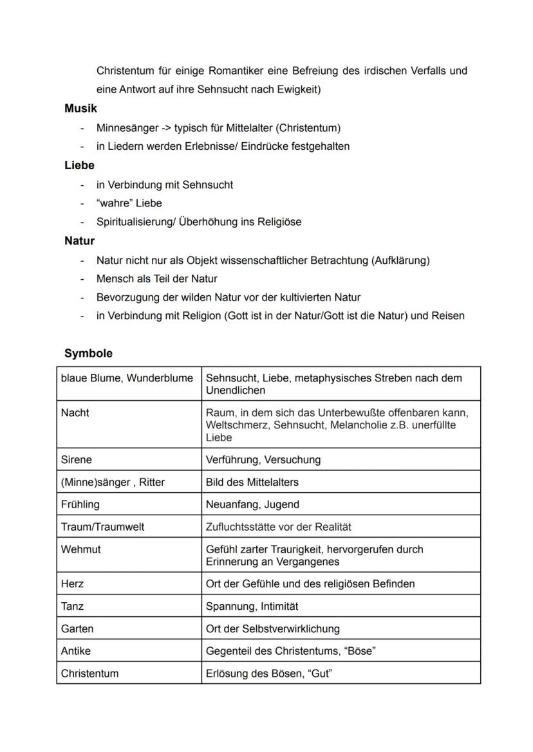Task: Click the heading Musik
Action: click(80, 109)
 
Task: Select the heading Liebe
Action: click(79, 165)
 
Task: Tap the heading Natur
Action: click(79, 241)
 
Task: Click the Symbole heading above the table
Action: click(88, 354)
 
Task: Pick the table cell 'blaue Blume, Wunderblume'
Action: click(127, 378)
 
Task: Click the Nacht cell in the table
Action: click(75, 413)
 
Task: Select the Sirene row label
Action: click(77, 460)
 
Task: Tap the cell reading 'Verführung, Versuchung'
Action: click(263, 460)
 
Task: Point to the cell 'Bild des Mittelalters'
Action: click(252, 482)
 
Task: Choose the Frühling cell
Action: click(80, 504)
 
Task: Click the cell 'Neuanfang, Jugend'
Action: click(252, 504)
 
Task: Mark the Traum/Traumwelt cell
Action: click(102, 527)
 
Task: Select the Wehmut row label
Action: click(81, 550)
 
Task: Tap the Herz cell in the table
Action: click(72, 584)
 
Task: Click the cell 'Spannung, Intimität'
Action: click(252, 607)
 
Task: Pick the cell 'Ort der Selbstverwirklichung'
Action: click(272, 629)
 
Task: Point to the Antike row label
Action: click(76, 651)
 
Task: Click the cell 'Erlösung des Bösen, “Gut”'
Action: click(269, 674)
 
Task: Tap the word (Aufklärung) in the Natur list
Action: click(400, 261)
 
